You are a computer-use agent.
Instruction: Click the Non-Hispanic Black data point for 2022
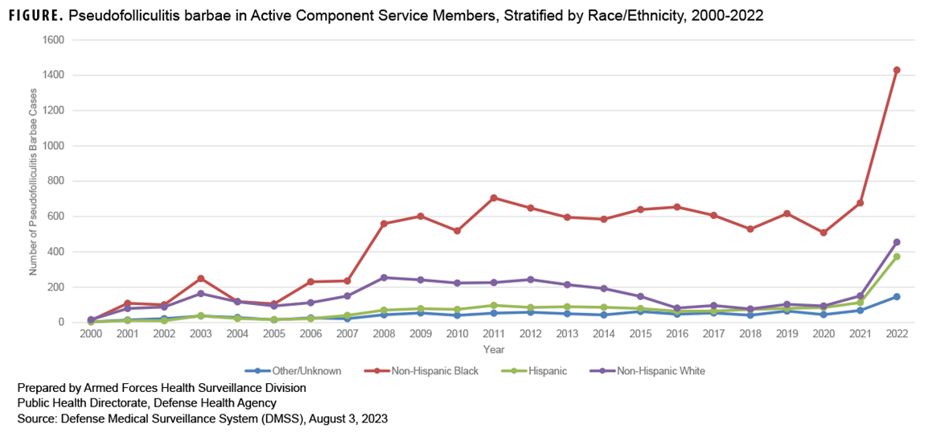pos(897,70)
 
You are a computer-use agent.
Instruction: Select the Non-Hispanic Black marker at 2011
pos(493,198)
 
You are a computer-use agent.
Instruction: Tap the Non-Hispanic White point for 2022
pos(897,242)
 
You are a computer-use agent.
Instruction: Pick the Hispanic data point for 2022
pos(897,257)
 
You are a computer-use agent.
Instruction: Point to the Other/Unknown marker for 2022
pos(897,297)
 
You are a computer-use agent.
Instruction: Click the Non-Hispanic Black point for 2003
pos(200,278)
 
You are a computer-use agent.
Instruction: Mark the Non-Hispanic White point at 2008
pos(384,278)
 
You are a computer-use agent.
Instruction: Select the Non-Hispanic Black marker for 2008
pos(384,224)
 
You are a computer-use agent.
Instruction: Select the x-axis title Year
pos(494,350)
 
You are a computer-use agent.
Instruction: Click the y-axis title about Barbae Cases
pos(35,181)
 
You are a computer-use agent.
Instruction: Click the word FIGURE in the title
pos(35,15)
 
